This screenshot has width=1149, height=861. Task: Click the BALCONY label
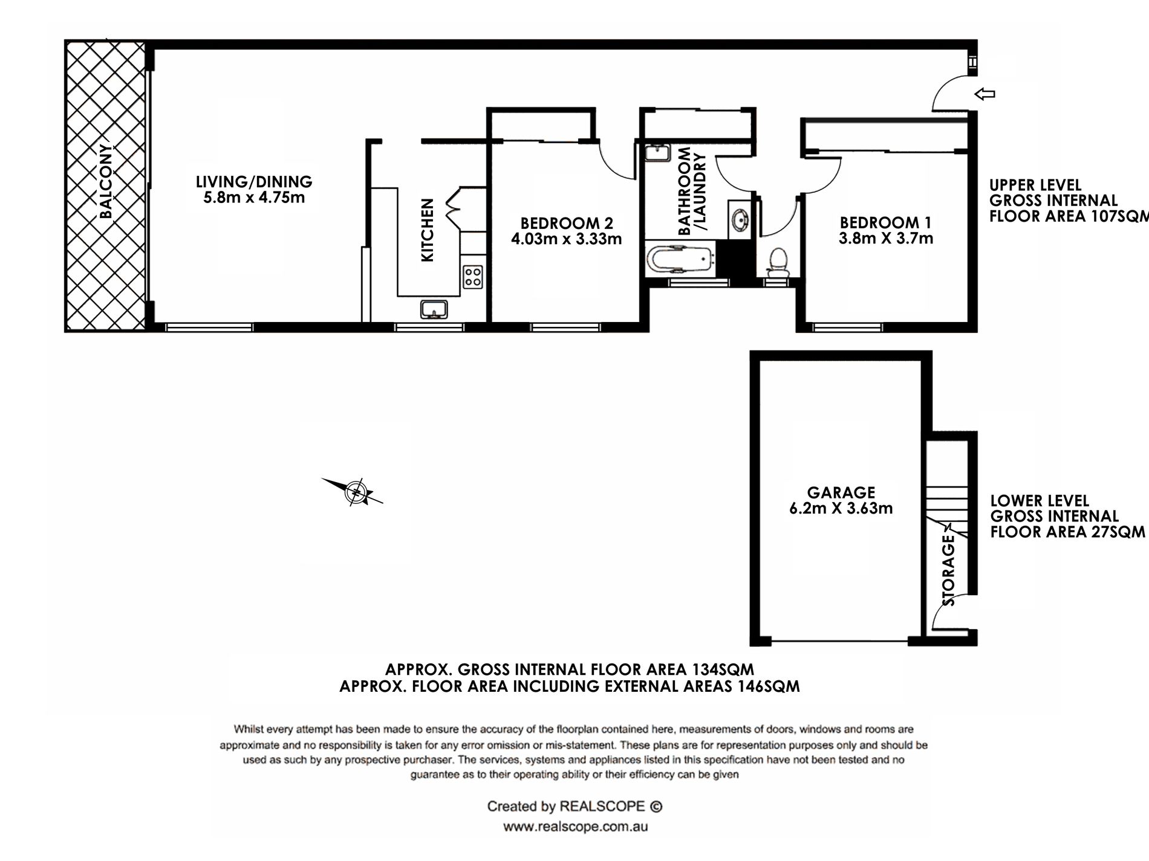pos(106,181)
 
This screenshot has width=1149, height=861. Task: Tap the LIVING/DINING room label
pos(254,181)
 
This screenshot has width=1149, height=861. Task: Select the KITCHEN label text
pos(428,230)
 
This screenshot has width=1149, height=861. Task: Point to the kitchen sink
pos(434,309)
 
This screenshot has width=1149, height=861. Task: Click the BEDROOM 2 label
pos(567,223)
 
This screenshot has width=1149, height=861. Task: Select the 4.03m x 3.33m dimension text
pos(567,239)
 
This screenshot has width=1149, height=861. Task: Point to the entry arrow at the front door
pos(985,94)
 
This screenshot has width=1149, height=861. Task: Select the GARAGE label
pos(841,492)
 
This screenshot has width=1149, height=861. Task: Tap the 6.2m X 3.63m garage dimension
pos(841,509)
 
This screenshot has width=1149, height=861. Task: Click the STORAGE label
pos(949,571)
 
